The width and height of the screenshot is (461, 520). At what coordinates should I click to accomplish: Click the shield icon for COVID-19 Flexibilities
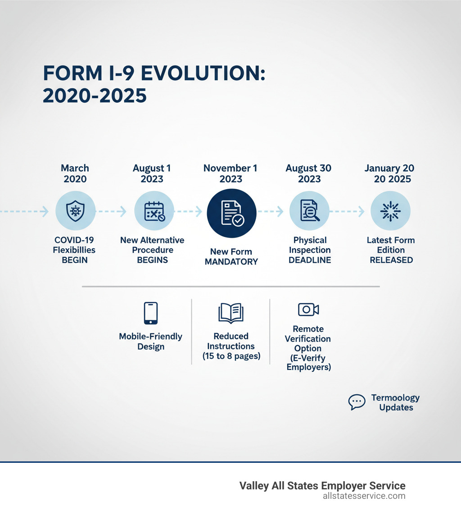pos(75,211)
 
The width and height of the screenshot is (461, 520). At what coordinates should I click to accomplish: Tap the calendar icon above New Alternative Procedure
pos(154,211)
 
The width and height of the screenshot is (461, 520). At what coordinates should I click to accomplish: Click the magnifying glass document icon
pos(309,211)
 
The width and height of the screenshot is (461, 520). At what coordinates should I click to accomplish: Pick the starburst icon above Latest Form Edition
pos(390,211)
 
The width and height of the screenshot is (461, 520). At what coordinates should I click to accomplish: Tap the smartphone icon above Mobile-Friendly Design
pos(151,313)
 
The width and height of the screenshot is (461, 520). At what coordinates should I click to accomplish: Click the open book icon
pos(231,313)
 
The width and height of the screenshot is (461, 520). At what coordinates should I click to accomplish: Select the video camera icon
pos(308,310)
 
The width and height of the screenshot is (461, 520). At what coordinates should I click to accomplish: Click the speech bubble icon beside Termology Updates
pos(357,402)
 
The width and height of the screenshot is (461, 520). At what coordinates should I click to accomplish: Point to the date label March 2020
pos(75,173)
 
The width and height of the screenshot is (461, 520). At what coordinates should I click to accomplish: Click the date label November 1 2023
pos(230,173)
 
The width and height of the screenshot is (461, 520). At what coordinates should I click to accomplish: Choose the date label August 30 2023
pos(309,173)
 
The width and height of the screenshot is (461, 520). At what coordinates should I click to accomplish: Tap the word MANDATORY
pos(231,262)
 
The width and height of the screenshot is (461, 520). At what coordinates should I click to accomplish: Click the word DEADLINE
pos(310,260)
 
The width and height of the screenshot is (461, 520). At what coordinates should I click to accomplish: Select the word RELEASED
pos(391,260)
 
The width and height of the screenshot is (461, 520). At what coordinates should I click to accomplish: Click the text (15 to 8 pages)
pos(231,356)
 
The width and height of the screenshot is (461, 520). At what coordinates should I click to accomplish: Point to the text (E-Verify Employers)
pos(308,363)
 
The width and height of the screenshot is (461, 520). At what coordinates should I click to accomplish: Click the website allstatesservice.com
pos(364,496)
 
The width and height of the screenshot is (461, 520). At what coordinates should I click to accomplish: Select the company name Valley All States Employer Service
pos(322,486)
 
